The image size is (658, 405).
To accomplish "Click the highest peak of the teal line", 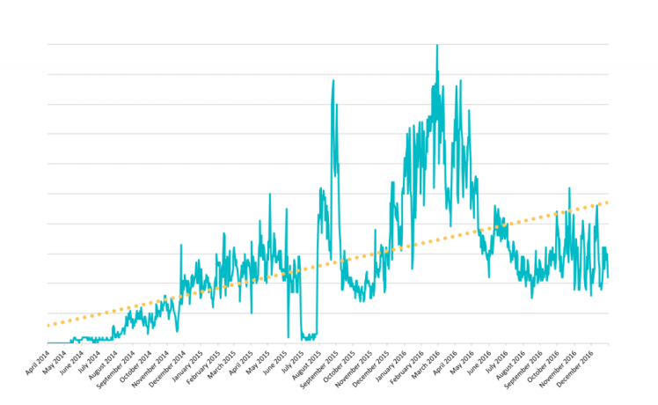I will coord(437,46).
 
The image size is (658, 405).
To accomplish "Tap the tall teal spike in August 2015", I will coord(333,80).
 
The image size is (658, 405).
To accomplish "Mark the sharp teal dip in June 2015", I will coord(289,336).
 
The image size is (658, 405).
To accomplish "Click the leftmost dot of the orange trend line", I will coord(48,325).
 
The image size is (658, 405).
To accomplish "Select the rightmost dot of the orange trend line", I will coord(607,202).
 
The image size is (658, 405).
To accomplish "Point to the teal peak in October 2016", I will coord(569,188).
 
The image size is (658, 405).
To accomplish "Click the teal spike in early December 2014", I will coord(181,246).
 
